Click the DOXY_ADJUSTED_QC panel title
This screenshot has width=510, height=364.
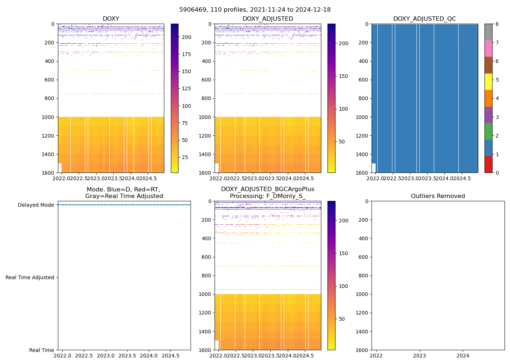(424, 19)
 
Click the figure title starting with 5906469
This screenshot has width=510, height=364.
(255, 10)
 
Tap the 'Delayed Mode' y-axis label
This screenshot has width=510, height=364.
(36, 205)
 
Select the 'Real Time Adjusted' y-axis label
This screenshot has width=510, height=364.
(30, 277)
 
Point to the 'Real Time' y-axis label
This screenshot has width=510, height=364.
(42, 350)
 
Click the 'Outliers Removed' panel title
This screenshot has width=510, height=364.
(438, 196)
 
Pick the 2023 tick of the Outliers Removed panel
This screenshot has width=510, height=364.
(419, 356)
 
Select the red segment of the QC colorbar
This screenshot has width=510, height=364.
(488, 164)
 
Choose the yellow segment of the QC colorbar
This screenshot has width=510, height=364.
(488, 82)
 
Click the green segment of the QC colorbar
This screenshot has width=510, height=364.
(488, 131)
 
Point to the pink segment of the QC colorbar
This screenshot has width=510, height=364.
(488, 48)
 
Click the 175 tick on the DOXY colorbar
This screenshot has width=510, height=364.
(187, 54)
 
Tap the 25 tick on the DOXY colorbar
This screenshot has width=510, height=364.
(185, 157)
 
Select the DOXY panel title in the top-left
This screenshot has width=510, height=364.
(111, 19)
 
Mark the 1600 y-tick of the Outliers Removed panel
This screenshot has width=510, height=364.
(362, 350)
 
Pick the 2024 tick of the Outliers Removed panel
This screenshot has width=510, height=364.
(463, 356)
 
